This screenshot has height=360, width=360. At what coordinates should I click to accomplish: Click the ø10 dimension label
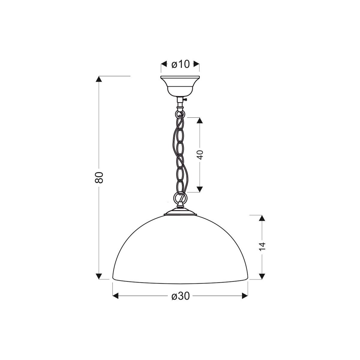pos(180,64)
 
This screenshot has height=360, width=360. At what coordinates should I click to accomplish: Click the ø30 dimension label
pos(181,296)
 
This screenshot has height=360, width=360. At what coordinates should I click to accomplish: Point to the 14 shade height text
pos(262,246)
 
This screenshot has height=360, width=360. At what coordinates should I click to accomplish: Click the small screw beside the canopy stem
pos(186,100)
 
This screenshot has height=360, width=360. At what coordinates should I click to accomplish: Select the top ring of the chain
pos(180,114)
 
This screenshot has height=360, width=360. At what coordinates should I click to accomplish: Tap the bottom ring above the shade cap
pos(180,198)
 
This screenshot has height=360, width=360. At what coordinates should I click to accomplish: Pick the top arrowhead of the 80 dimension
pos(99,79)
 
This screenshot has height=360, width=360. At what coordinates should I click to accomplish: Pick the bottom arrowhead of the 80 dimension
pos(99,276)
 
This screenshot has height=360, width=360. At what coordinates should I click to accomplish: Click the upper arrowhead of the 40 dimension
pos(200,120)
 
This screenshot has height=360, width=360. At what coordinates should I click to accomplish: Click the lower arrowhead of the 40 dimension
pos(200,189)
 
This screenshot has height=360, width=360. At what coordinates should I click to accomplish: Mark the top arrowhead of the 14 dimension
pos(262,218)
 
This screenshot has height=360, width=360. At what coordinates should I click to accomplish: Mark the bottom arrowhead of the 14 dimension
pos(262,276)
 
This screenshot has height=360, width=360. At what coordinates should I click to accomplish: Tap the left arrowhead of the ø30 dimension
pos(116,296)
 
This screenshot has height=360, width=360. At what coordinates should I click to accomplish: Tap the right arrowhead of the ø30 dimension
pos(244,296)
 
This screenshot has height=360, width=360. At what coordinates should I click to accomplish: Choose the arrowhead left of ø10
pos(164,64)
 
